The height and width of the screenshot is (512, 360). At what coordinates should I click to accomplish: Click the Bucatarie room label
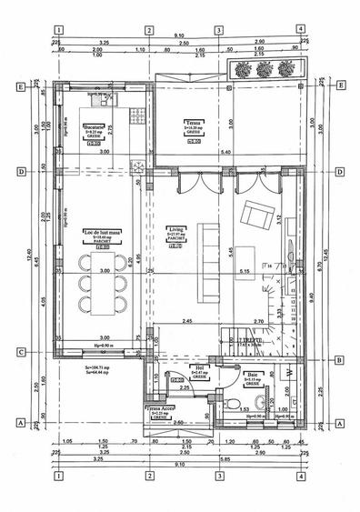92,126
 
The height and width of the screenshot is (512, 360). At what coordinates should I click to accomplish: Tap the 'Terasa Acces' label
158,410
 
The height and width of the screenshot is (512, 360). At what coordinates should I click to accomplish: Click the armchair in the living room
253,216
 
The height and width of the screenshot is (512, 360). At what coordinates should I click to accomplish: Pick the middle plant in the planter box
264,68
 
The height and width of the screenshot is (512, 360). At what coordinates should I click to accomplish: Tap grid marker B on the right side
338,360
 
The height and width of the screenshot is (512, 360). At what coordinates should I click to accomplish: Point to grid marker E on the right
339,86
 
